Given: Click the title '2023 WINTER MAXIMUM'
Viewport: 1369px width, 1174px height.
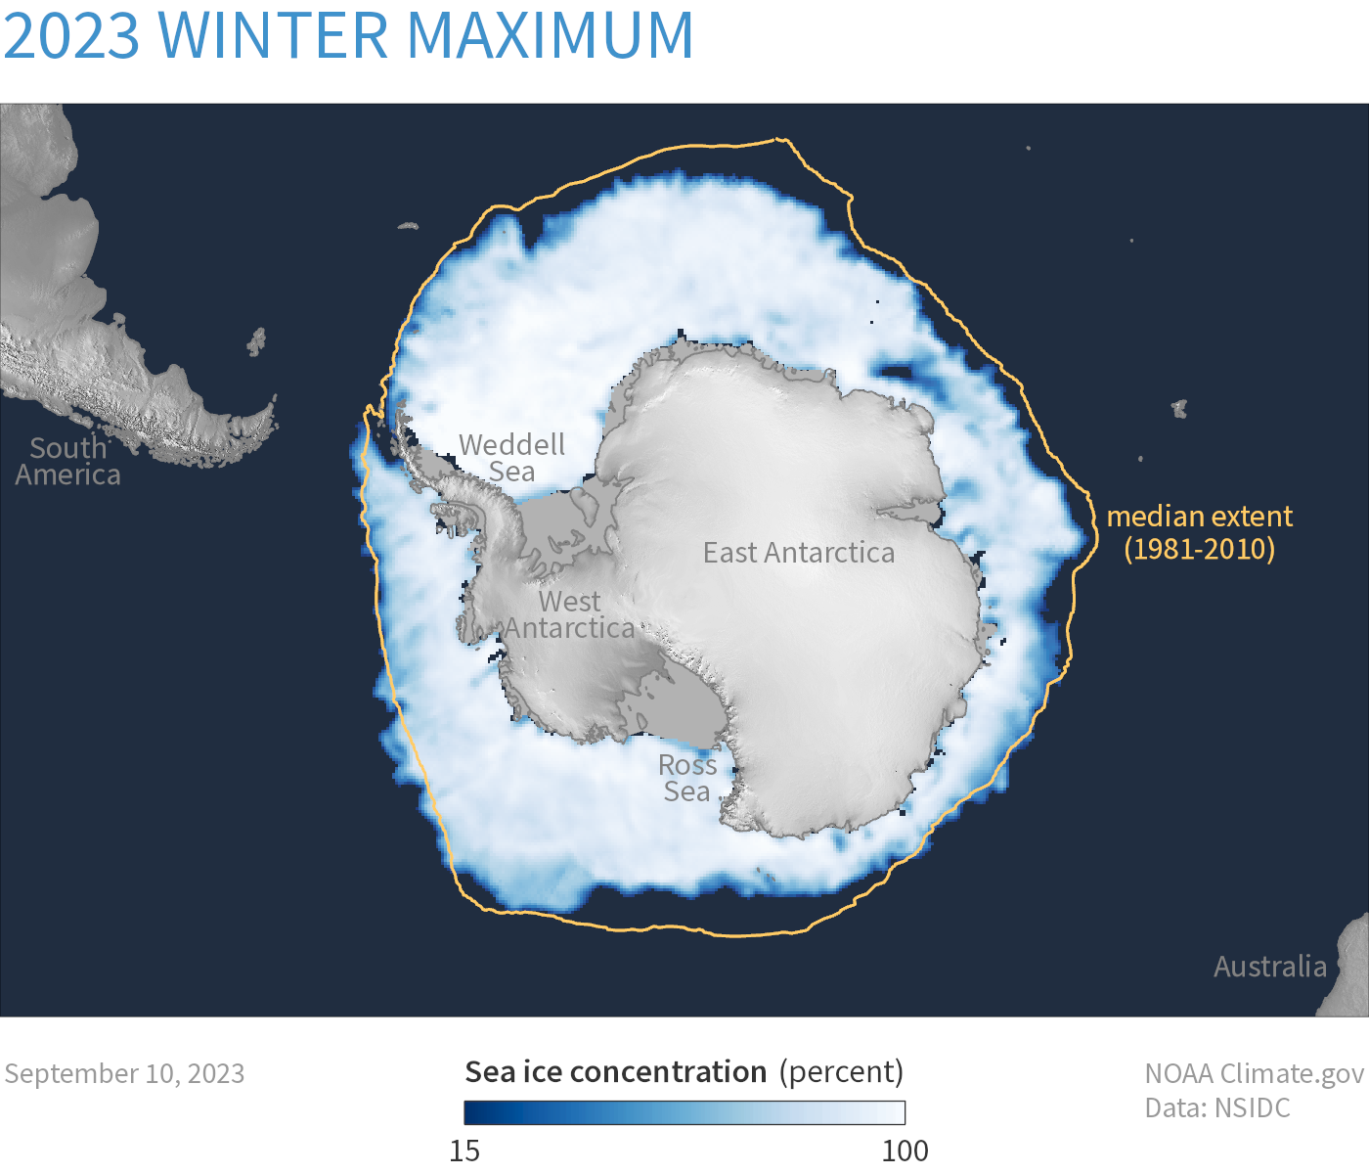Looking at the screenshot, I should point(348,35).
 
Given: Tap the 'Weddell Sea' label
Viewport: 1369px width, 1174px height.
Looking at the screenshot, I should point(511,458).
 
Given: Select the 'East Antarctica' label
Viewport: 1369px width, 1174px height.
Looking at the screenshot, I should point(798,553).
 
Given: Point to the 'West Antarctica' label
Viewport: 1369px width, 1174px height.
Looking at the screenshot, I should point(570,614).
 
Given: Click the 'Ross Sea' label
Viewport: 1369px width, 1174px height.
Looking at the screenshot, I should point(687,778).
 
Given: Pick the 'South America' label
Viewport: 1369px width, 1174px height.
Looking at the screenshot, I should point(67,461).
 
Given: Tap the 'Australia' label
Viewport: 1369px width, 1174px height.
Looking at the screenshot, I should point(1269,967).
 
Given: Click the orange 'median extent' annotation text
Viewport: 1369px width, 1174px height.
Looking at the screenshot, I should point(1199,517).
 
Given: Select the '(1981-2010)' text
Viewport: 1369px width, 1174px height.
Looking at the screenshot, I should point(1199,548).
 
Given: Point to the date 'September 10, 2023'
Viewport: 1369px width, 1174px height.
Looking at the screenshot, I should point(124,1073).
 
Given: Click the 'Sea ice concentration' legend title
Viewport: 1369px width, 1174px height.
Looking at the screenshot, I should point(615,1072).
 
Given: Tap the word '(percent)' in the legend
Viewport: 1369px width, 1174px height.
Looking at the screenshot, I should point(841,1072).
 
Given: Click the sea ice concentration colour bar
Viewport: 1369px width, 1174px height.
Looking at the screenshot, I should point(684,1112).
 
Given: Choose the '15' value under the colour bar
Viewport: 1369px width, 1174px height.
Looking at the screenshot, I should point(464,1151).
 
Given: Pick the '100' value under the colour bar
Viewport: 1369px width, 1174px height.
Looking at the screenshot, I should point(905,1151).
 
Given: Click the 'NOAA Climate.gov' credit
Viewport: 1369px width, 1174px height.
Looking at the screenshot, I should point(1254,1073).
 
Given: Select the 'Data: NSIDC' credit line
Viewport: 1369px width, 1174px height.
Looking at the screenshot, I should point(1217,1107).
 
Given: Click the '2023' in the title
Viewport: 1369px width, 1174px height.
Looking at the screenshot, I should point(72,35).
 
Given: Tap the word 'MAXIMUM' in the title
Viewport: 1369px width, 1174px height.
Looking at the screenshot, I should point(550,35).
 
